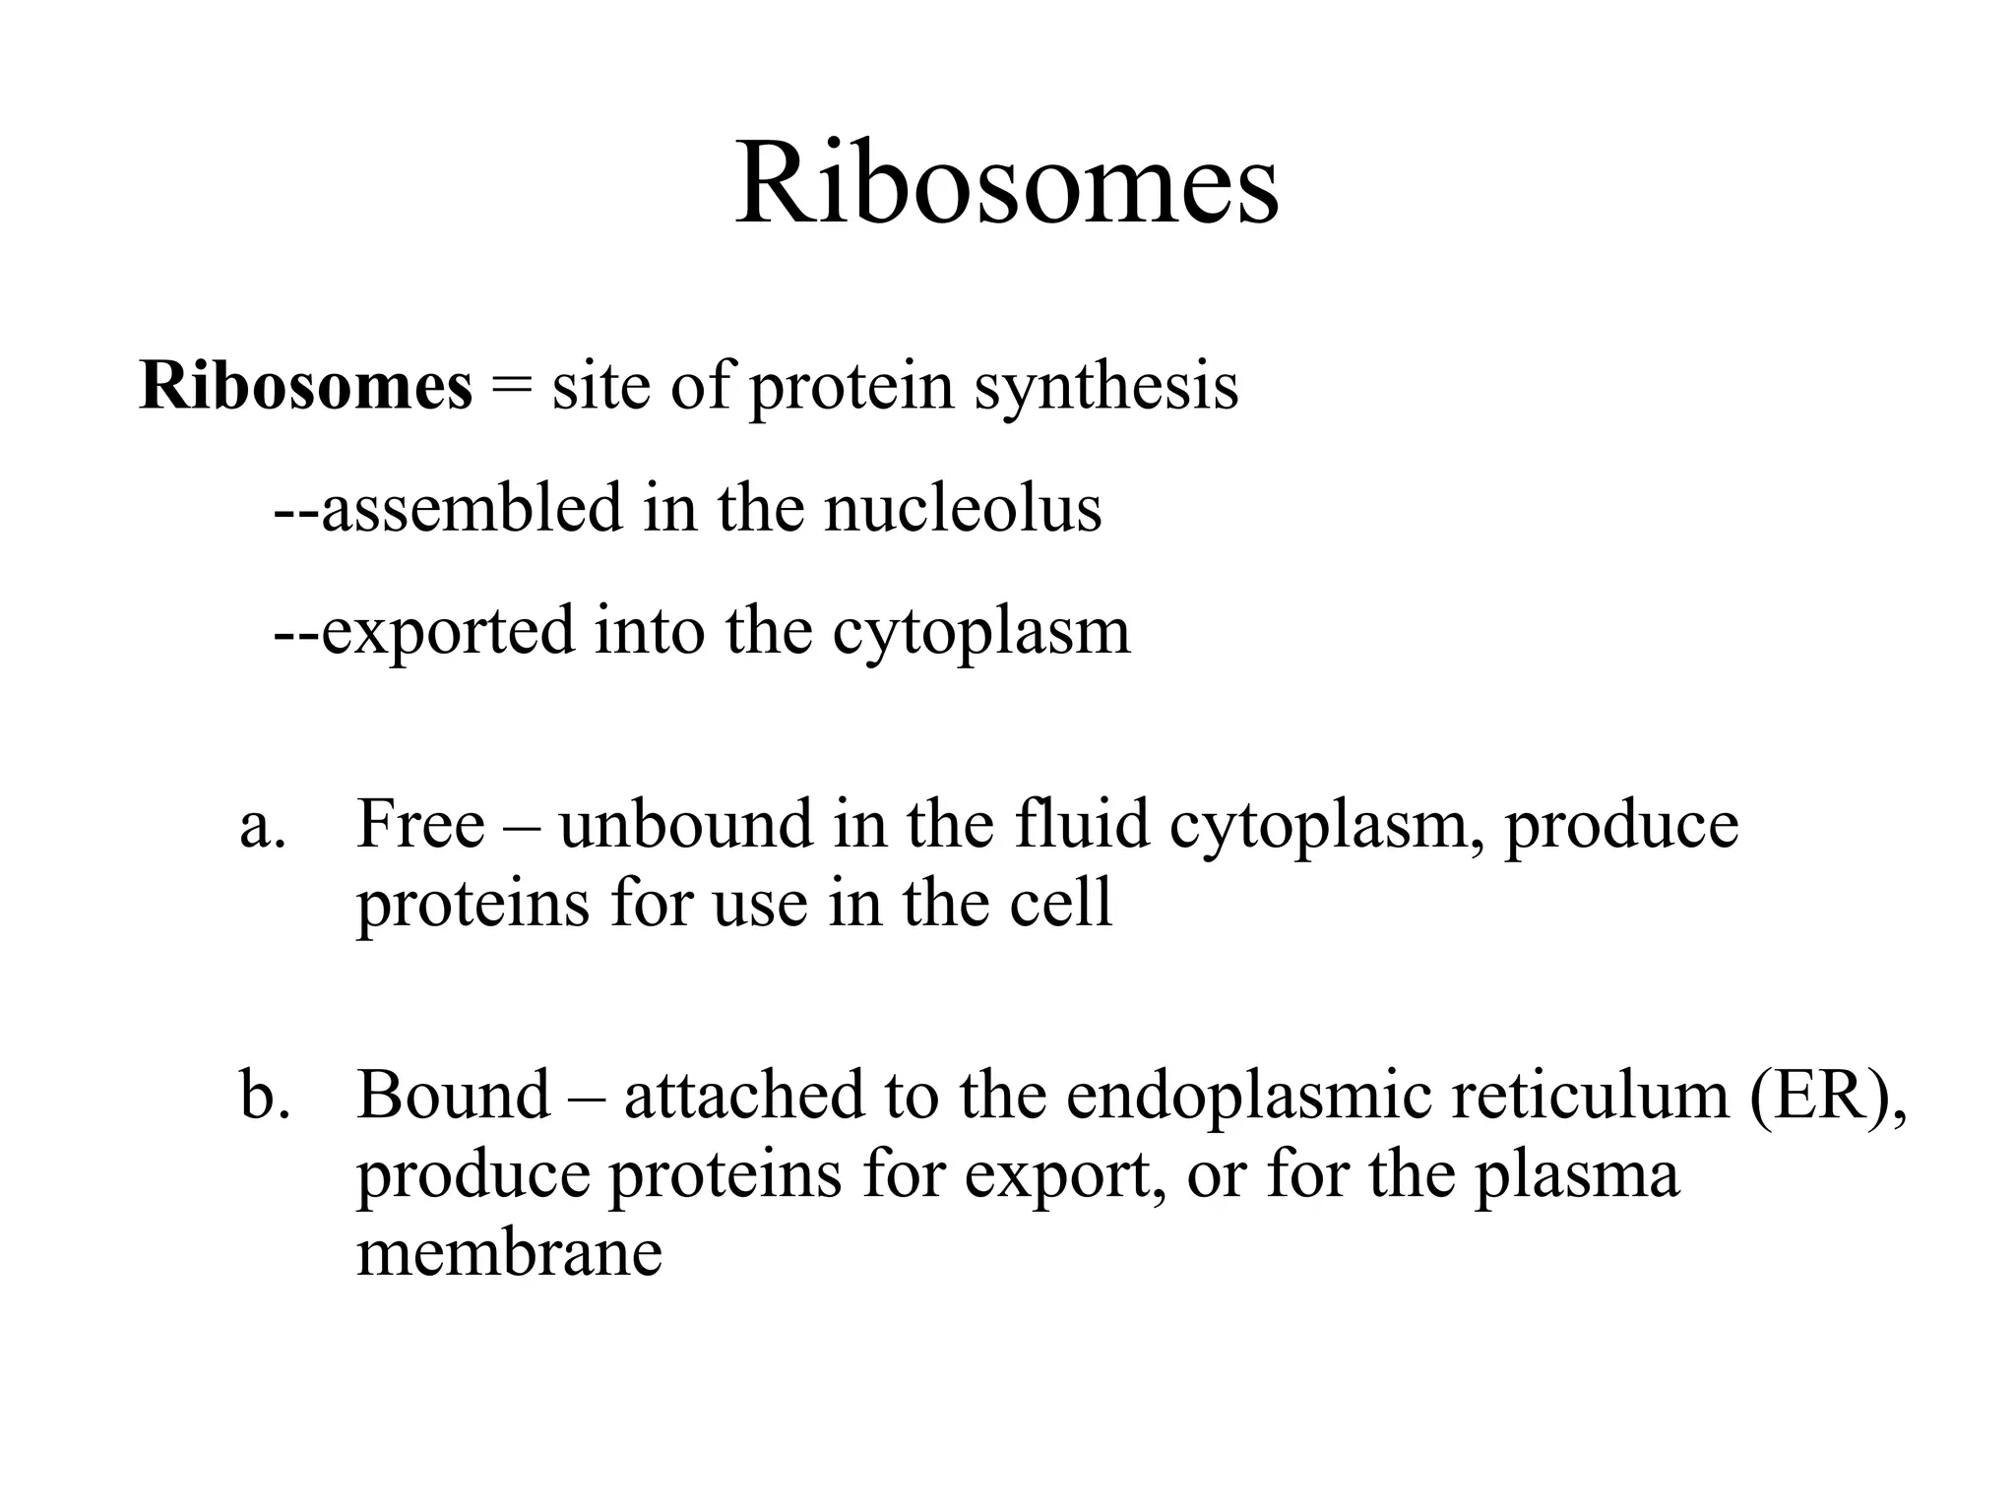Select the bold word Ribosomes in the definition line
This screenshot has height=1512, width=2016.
pos(306,386)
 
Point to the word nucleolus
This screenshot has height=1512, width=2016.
pos(962,508)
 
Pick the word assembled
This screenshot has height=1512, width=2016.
pos(472,508)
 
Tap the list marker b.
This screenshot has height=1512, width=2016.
pos(265,1096)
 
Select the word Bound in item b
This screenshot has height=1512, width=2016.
pos(453,1095)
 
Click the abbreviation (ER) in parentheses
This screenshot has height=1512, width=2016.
pos(1824,1095)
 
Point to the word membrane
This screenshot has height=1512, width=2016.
pos(509,1254)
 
